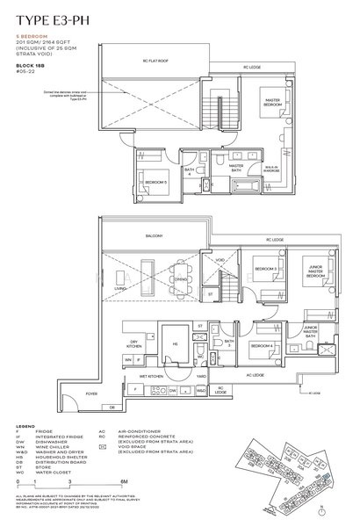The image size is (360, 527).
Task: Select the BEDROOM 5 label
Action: pos(156,183)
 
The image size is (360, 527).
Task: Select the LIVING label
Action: pos(119,286)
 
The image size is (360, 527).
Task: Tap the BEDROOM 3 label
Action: pos(267,269)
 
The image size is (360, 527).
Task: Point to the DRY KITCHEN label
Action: pos(134,344)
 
